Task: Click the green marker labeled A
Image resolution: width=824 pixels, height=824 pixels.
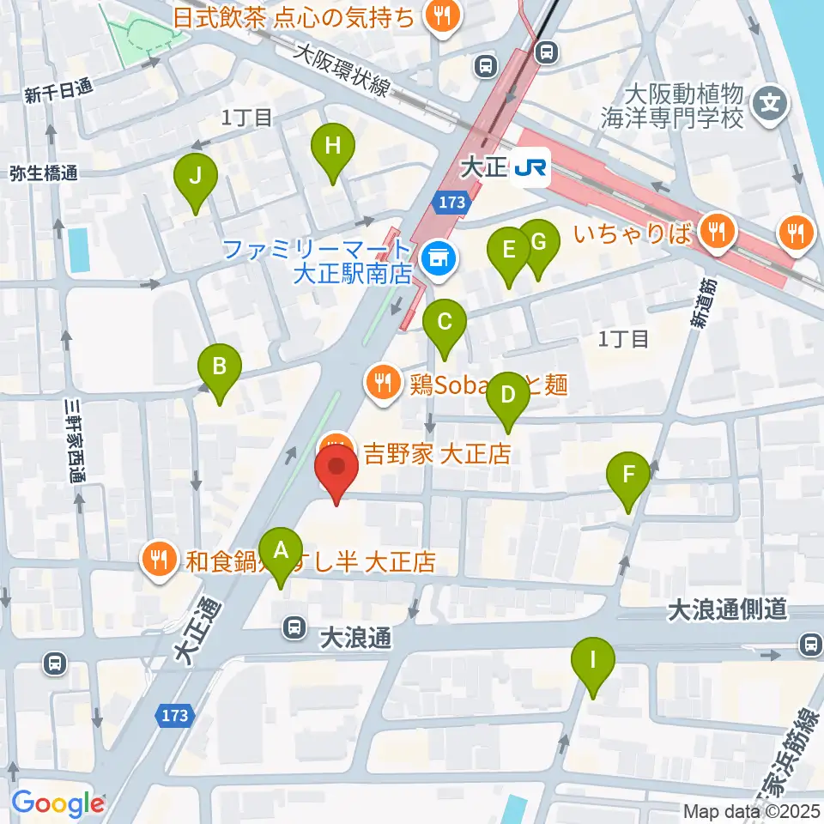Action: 281,552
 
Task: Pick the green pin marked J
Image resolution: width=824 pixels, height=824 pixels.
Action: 196,178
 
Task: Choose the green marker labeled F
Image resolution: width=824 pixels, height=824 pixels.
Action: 629,476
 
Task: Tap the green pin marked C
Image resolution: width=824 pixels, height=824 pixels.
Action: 445,324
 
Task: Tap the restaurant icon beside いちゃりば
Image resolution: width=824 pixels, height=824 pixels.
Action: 714,231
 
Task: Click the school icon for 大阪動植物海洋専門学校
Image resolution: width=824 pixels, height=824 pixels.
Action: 770,106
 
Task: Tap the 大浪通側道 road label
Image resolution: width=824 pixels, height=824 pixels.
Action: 728,610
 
